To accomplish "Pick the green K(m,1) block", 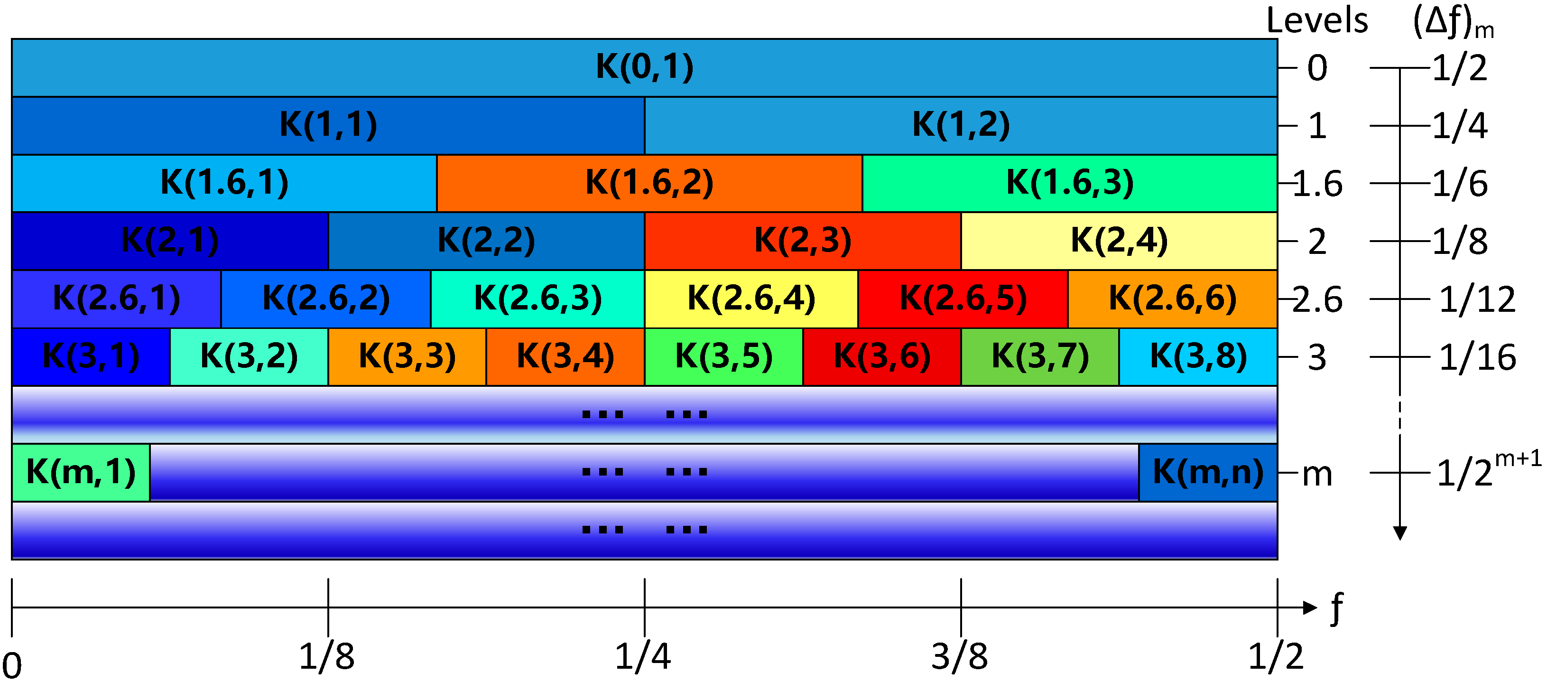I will click(x=81, y=472).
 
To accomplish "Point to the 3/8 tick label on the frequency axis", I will click(x=959, y=656).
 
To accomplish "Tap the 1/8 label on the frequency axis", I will click(x=327, y=656).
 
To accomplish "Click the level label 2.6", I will click(x=1317, y=299).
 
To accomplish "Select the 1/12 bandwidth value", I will click(x=1477, y=299).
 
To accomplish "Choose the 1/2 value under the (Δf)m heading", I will click(x=1459, y=68).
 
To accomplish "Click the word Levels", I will click(x=1316, y=20).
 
